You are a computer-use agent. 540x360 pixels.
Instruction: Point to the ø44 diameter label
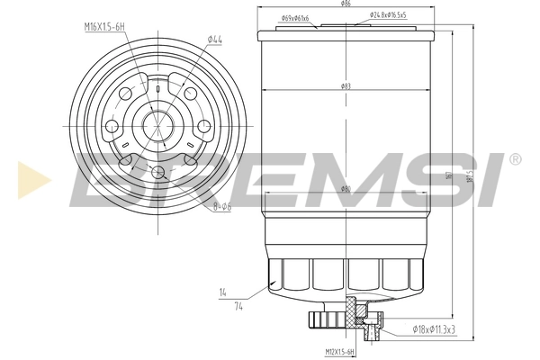pyautogui.click(x=214, y=40)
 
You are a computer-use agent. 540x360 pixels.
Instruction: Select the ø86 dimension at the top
pyautogui.click(x=346, y=6)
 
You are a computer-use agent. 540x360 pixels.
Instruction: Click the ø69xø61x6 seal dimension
pyautogui.click(x=294, y=18)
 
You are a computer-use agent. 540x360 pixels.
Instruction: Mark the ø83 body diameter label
pyautogui.click(x=346, y=85)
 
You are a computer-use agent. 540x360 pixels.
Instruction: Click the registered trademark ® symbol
pyautogui.click(x=514, y=159)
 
